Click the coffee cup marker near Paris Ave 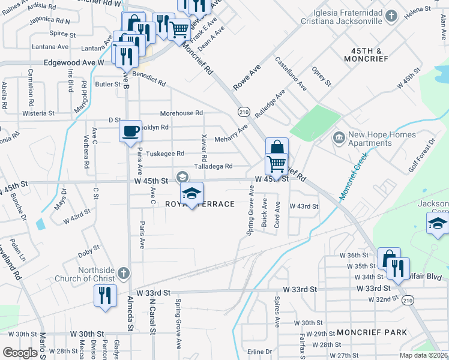130,131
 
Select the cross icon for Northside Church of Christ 123,274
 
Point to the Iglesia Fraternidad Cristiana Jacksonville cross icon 391,16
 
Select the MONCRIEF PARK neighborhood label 372,332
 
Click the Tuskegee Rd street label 165,154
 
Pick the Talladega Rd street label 212,166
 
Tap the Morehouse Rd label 181,113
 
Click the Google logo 20,353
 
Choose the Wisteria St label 38,113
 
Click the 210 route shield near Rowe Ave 243,112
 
